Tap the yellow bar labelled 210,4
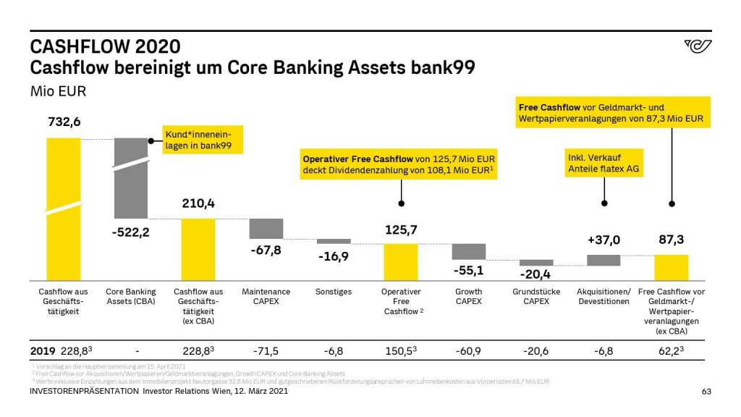pyautogui.click(x=198, y=249)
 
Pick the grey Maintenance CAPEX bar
pyautogui.click(x=266, y=228)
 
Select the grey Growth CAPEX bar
pyautogui.click(x=468, y=251)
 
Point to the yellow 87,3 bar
pyautogui.click(x=671, y=267)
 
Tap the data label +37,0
pyautogui.click(x=603, y=240)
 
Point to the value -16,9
pyautogui.click(x=334, y=256)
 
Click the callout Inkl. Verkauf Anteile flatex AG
pyautogui.click(x=603, y=163)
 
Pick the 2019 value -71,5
pyautogui.click(x=266, y=351)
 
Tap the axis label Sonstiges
pyautogui.click(x=334, y=292)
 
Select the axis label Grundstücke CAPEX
pyautogui.click(x=535, y=296)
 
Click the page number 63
pyautogui.click(x=707, y=392)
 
